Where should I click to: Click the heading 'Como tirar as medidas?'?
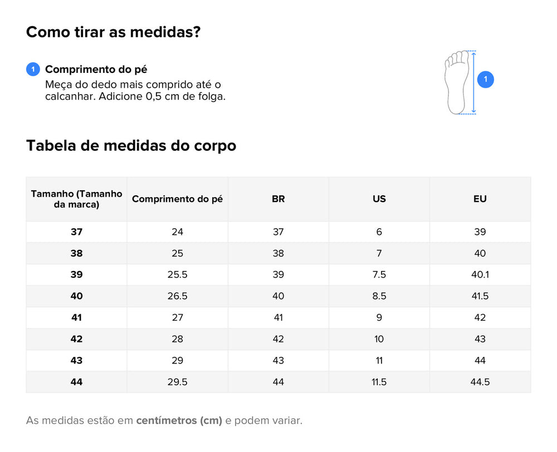[x=113, y=32]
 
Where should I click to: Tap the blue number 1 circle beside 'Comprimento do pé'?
[x=33, y=70]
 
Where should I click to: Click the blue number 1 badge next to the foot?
[x=485, y=80]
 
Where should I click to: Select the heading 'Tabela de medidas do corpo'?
[x=131, y=146]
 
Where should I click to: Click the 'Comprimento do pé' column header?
[x=177, y=199]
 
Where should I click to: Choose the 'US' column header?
[x=379, y=199]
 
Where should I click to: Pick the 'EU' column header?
[x=480, y=199]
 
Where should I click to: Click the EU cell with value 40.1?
[x=480, y=275]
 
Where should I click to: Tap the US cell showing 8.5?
[x=379, y=296]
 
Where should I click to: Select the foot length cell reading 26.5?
[x=177, y=296]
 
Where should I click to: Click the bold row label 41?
[x=76, y=318]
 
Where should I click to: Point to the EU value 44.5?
[x=480, y=382]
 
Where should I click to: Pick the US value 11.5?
[x=379, y=382]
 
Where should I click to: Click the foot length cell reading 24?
[x=177, y=232]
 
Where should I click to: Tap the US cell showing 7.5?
[x=379, y=275]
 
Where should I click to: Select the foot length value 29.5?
[x=177, y=382]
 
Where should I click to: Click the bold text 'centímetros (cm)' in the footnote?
[x=179, y=421]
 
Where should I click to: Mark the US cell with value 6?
[x=379, y=232]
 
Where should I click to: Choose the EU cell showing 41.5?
[x=480, y=296]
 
